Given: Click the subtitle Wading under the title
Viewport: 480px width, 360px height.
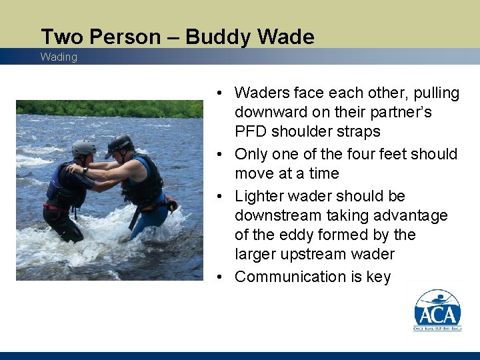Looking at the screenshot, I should tap(59, 57).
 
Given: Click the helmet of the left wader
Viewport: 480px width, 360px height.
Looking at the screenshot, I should tap(83, 148).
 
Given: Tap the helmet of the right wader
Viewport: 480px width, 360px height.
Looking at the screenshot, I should tap(119, 144).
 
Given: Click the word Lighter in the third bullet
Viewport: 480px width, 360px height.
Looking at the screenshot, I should tap(261, 196).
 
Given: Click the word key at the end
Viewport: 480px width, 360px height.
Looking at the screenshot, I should tap(378, 277).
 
